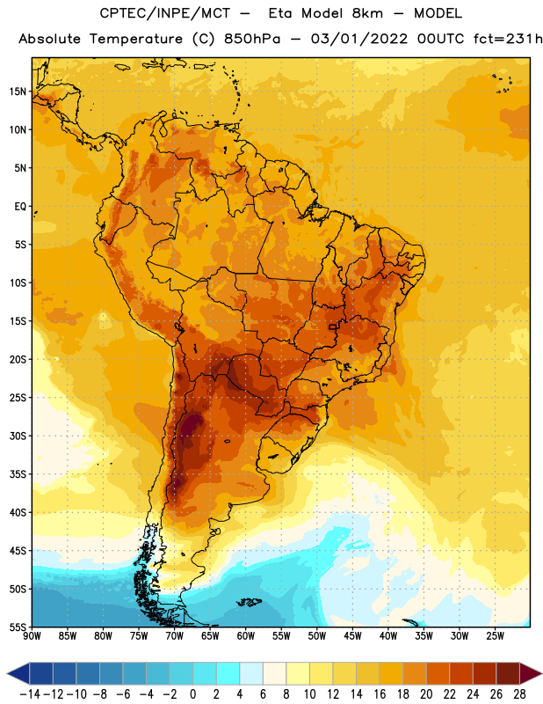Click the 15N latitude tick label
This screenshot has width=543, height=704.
(18, 92)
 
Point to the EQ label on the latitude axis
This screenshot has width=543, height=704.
(20, 207)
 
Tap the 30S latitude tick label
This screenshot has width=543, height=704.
(18, 436)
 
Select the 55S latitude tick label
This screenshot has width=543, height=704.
(18, 627)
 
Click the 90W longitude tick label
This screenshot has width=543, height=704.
(32, 636)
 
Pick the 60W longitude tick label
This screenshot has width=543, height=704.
(246, 636)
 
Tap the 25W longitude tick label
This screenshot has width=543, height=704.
(495, 636)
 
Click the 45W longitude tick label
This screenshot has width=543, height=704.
(353, 636)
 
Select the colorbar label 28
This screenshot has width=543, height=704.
(519, 694)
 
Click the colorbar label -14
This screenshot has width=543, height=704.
(30, 694)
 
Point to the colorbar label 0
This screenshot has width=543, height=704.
(193, 694)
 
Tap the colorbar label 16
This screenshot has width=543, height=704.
(380, 694)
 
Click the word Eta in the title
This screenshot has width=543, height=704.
(280, 13)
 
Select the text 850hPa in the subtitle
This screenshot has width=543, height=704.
(252, 39)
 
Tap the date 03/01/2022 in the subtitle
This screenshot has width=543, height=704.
(359, 39)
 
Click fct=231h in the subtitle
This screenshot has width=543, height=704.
(508, 39)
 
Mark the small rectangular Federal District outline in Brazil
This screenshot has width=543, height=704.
(333, 326)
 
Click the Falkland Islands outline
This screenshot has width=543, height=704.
(250, 602)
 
